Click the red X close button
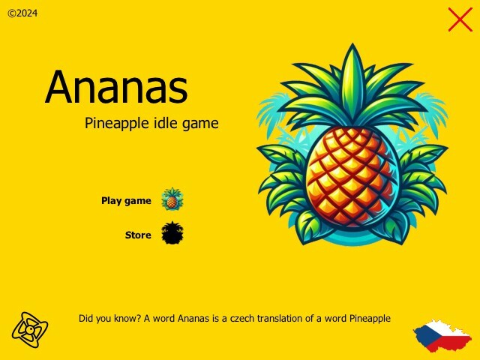pos(460,19)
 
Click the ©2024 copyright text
pos(22,13)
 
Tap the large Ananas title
pos(116,88)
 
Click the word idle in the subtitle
pos(166,123)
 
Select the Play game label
pos(126,201)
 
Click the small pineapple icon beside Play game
pos(172,199)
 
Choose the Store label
pos(138,235)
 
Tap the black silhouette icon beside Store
pos(172,233)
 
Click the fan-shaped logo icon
pos(30,328)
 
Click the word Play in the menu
pos(111,201)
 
